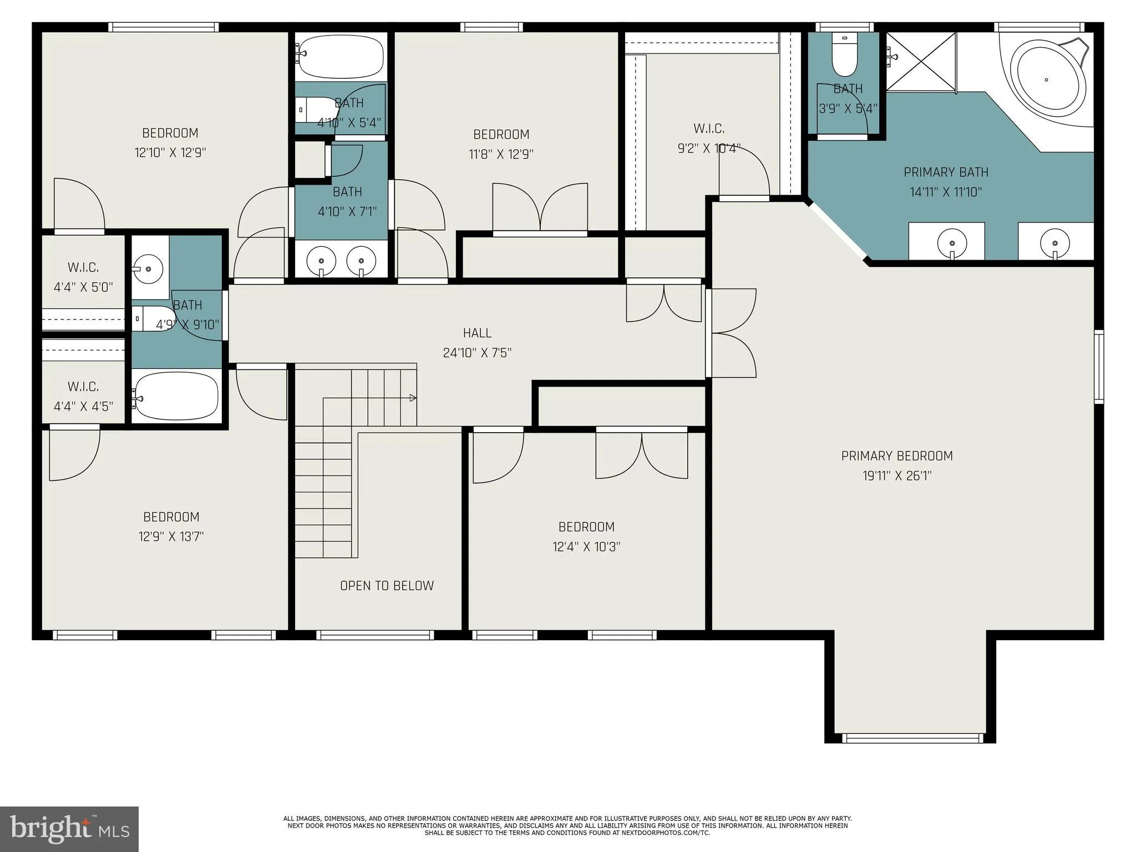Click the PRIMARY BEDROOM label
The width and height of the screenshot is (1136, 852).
pyautogui.click(x=896, y=456)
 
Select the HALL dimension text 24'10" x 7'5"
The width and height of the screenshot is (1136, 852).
pyautogui.click(x=477, y=353)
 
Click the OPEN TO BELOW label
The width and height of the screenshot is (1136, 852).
pyautogui.click(x=387, y=586)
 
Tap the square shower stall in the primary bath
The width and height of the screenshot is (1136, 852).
pyautogui.click(x=921, y=62)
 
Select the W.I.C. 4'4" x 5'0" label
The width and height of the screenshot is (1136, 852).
pyautogui.click(x=83, y=277)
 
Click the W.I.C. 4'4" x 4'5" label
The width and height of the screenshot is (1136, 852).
pyautogui.click(x=83, y=396)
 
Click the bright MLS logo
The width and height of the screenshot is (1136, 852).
pyautogui.click(x=69, y=829)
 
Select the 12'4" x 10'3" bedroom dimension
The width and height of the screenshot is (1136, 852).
pyautogui.click(x=586, y=547)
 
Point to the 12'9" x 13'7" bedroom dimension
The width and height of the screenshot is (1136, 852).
pyautogui.click(x=171, y=537)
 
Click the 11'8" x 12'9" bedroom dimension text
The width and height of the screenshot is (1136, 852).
pyautogui.click(x=501, y=154)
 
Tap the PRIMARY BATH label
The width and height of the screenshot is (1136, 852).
pyautogui.click(x=946, y=173)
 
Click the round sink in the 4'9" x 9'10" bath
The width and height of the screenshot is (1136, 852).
pyautogui.click(x=149, y=269)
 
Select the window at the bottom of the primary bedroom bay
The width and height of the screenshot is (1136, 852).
pyautogui.click(x=912, y=738)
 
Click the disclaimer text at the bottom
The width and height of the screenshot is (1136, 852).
pyautogui.click(x=567, y=825)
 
